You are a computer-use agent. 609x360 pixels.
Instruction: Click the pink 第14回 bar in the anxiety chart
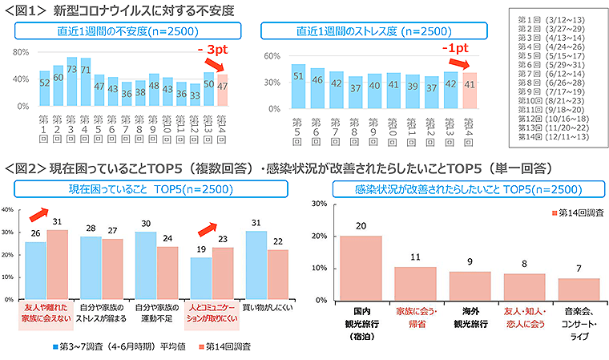click(223, 89)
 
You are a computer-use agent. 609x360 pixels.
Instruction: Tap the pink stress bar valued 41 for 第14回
click(471, 89)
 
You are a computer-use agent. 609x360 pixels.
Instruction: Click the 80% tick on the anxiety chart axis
click(21, 51)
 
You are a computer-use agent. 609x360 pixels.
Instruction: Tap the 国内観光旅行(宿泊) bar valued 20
click(361, 268)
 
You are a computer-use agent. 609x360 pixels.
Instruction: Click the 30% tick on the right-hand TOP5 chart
click(317, 204)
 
